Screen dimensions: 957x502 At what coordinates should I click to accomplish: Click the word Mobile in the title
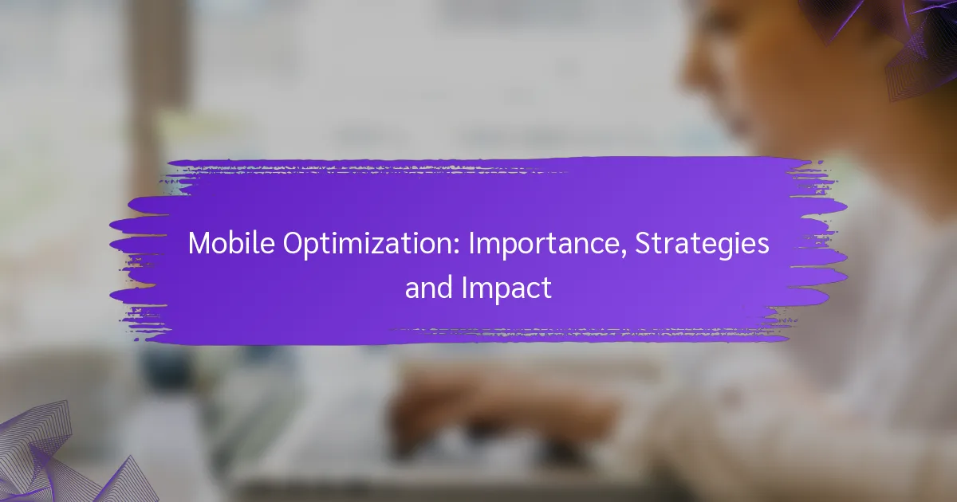[231, 243]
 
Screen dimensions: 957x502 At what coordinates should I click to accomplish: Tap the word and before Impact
[429, 288]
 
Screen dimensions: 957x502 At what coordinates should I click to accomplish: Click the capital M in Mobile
[199, 243]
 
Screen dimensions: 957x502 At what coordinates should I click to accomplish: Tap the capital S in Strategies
[643, 243]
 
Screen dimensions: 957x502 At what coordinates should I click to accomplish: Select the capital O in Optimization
[293, 243]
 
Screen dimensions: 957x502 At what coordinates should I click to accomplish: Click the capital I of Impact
[464, 288]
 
